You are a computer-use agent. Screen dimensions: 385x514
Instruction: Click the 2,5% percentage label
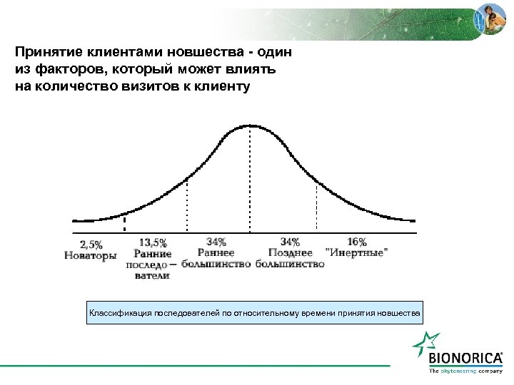pos(91,242)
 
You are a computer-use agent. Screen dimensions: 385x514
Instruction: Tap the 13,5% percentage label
pos(153,242)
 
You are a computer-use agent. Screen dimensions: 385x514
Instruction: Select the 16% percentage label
pos(357,242)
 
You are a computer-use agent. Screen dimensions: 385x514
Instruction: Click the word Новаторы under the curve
pos(91,255)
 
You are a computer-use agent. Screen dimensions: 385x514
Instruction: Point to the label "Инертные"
pos(357,253)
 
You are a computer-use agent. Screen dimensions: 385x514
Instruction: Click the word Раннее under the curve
pos(216,253)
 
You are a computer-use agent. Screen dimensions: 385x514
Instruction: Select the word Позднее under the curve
pos(290,253)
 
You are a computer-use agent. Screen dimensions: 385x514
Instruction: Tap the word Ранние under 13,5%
pos(153,254)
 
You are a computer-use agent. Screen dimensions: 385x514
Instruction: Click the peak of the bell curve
pos(249,125)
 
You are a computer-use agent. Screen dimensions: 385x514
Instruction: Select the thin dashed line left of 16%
pos(316,203)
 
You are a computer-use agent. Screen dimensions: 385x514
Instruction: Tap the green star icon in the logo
pos(427,346)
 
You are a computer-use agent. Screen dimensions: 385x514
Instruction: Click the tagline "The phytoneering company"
pos(465,371)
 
